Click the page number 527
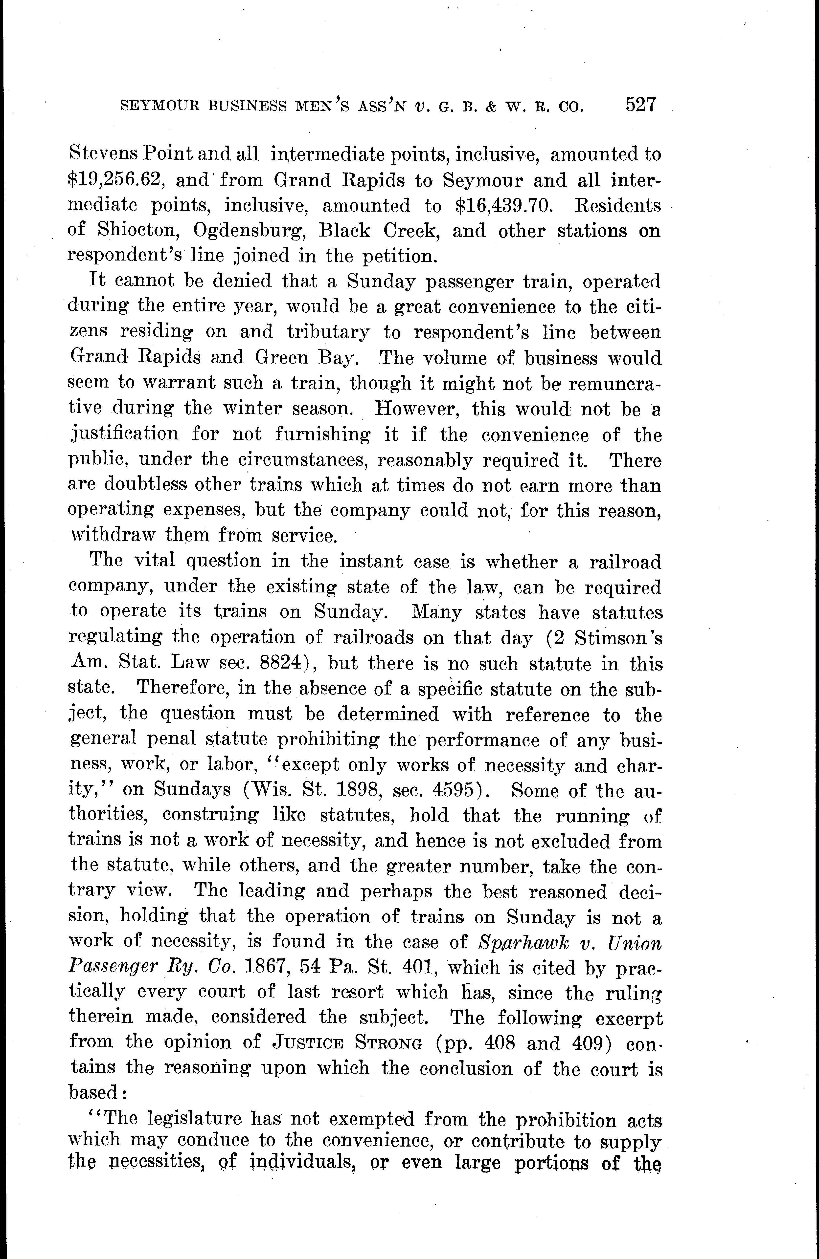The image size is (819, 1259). [641, 104]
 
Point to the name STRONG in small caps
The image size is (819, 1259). [387, 1044]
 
